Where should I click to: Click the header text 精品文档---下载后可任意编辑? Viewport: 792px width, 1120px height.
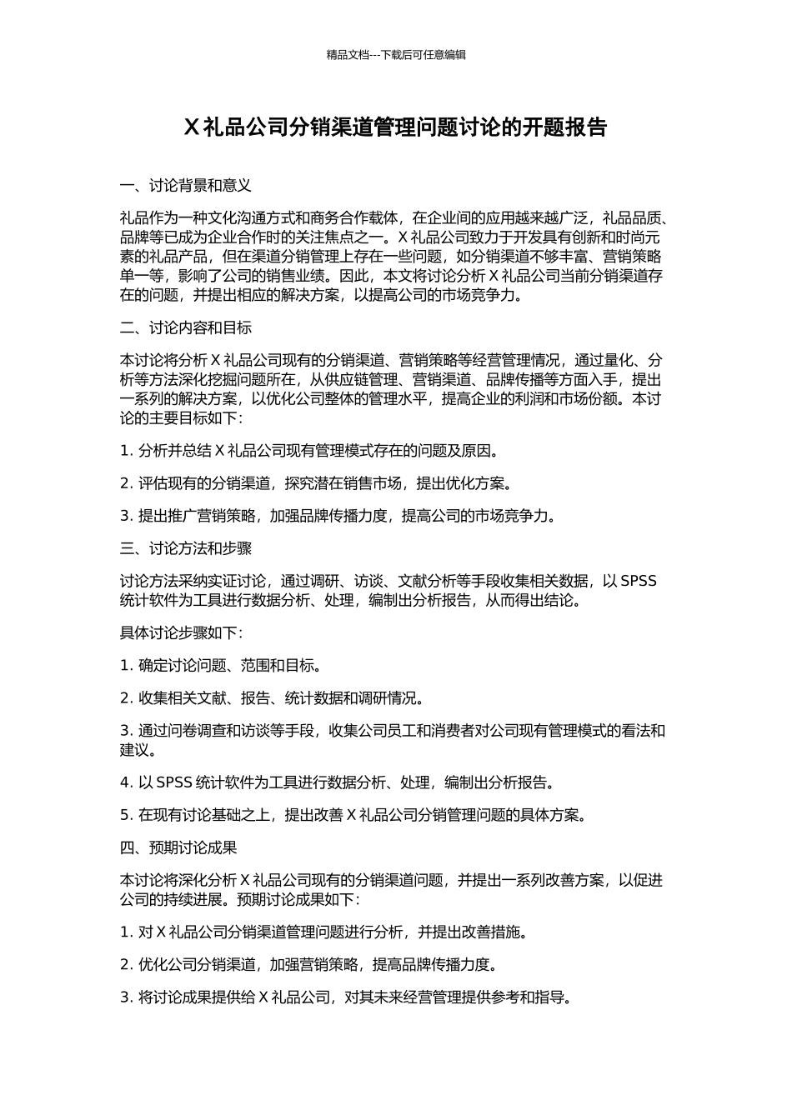396,55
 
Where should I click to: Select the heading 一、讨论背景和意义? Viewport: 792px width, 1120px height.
186,185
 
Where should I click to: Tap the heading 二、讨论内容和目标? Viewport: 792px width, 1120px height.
186,327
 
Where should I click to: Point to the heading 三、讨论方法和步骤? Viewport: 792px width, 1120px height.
186,548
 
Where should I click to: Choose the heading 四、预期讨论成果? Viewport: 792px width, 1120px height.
178,847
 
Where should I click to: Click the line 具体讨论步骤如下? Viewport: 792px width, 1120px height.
182,632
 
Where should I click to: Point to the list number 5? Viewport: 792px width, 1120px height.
126,815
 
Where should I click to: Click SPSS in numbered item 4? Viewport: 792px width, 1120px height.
174,782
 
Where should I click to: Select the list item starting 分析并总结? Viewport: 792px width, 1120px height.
318,451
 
